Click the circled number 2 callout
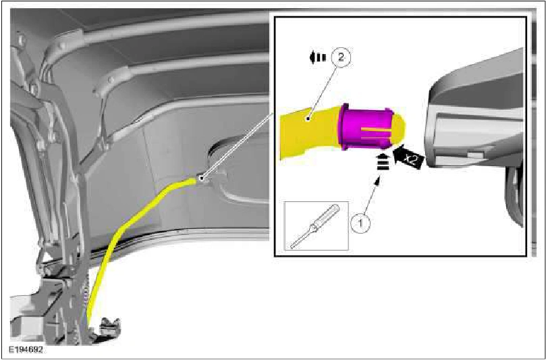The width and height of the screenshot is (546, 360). (341, 58)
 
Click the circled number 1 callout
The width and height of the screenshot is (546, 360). (360, 222)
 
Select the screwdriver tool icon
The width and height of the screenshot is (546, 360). (316, 226)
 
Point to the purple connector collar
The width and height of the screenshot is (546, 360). (366, 127)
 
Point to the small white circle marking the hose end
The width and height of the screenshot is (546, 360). (201, 178)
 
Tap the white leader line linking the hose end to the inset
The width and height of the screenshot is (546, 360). (237, 145)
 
